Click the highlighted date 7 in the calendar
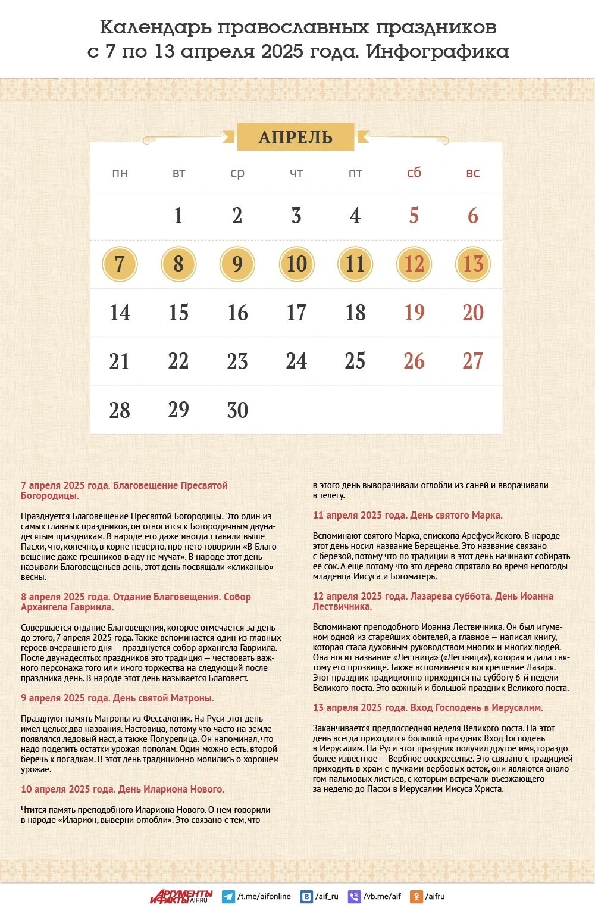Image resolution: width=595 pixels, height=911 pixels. (x=120, y=264)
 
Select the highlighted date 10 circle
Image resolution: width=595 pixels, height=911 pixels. (x=296, y=264)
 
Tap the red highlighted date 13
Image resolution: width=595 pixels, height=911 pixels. (x=473, y=264)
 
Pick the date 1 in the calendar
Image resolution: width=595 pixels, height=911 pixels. (x=178, y=216)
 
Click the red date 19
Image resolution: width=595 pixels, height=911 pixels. (x=414, y=313)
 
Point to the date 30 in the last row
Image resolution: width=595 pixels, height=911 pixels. (x=237, y=410)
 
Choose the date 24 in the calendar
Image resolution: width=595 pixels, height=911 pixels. (x=296, y=361)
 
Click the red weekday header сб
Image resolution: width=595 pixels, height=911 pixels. (x=414, y=173)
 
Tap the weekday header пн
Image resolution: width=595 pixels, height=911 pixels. (x=120, y=174)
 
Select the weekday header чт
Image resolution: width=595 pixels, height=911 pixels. (x=296, y=174)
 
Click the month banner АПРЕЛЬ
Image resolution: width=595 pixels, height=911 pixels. (x=296, y=138)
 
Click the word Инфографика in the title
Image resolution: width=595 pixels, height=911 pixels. (x=437, y=52)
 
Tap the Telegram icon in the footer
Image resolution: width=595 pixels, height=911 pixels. (x=228, y=897)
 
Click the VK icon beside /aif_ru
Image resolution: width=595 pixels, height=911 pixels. (x=306, y=897)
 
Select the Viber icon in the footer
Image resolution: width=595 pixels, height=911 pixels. (x=354, y=897)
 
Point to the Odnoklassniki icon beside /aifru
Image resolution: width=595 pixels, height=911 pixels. (x=417, y=897)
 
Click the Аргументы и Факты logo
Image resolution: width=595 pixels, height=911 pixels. (x=181, y=897)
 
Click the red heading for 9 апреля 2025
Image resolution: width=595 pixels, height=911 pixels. (x=117, y=698)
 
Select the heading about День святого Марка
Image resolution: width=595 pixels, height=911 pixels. (x=408, y=516)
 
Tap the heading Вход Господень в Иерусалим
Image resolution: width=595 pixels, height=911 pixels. (x=428, y=708)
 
